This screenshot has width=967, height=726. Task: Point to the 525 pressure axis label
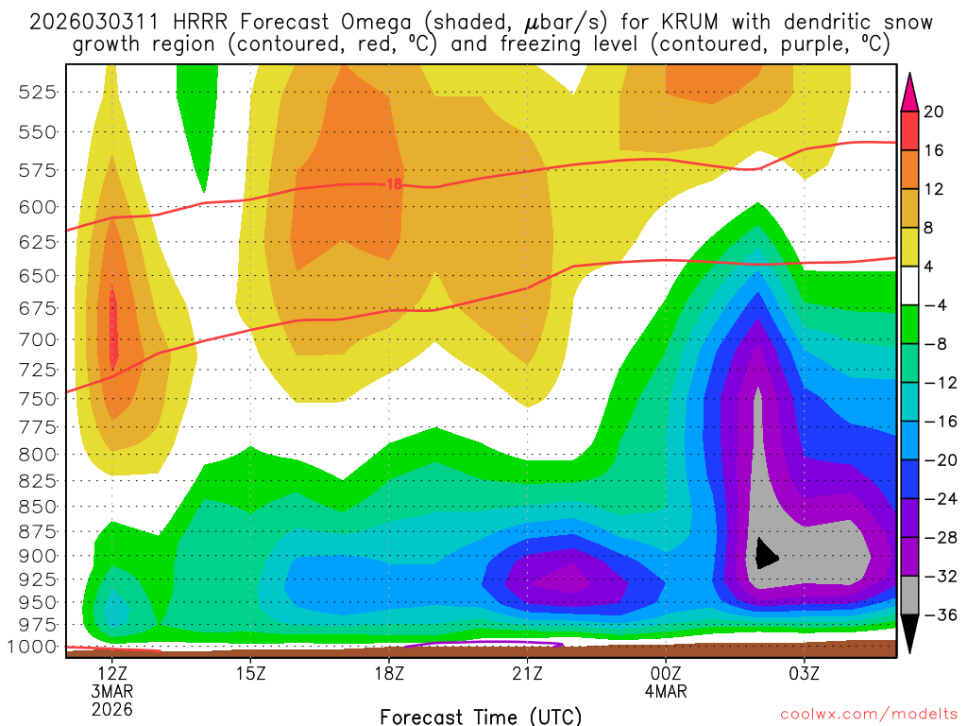(39, 92)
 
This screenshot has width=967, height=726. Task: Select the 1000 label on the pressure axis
(36, 647)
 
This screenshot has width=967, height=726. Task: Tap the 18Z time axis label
(389, 675)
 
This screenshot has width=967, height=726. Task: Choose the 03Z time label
(804, 675)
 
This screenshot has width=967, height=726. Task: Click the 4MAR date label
(667, 692)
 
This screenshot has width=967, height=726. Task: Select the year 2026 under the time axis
(112, 709)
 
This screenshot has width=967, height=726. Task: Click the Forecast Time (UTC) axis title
(482, 716)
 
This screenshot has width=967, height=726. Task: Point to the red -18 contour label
(391, 184)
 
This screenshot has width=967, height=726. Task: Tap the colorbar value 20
(934, 112)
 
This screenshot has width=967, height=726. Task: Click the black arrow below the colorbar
(910, 634)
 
